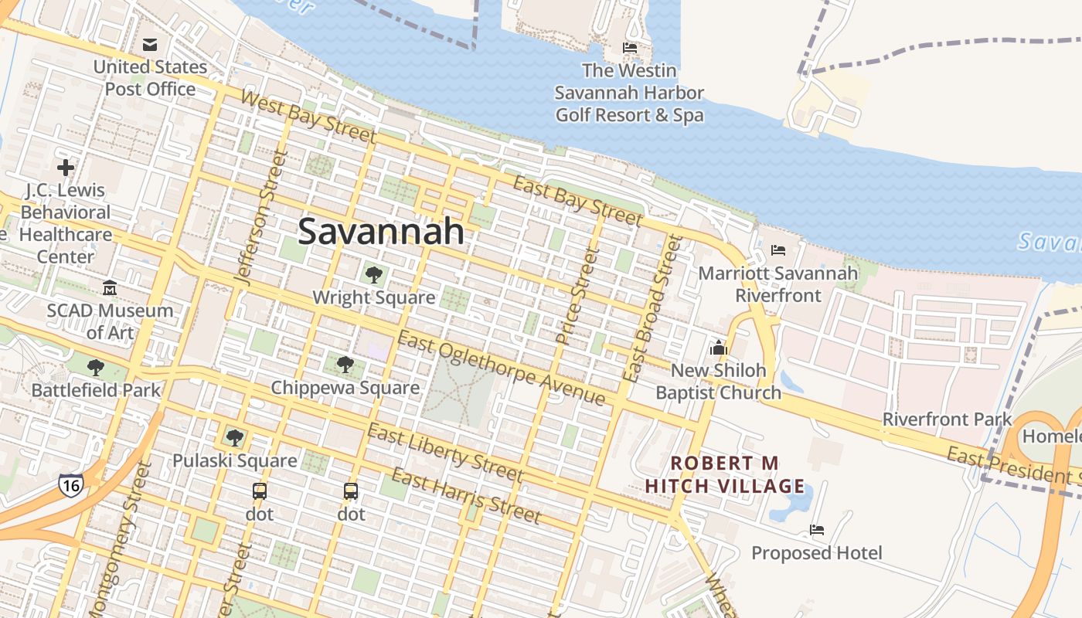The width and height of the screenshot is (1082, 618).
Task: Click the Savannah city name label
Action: [x=381, y=231]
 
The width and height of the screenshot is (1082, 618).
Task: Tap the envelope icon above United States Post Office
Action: [x=150, y=45]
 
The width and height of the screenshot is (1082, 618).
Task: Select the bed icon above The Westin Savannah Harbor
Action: [x=630, y=48]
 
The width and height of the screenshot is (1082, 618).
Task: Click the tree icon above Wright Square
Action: [x=374, y=274]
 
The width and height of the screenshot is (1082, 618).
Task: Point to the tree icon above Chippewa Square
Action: [x=345, y=365]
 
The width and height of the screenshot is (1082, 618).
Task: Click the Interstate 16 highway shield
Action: [x=70, y=485]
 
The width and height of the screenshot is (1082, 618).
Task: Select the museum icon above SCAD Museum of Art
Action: [x=110, y=288]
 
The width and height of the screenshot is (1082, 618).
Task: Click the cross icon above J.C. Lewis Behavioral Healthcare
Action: [x=66, y=167]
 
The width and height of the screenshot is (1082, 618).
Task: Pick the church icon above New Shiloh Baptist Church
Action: [x=719, y=348]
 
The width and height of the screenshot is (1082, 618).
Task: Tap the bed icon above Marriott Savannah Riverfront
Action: [x=778, y=250]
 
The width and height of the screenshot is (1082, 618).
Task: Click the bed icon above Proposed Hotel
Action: [x=817, y=530]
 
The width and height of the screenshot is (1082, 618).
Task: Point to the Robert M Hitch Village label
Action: [x=725, y=474]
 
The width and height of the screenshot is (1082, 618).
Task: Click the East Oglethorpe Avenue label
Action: [x=501, y=368]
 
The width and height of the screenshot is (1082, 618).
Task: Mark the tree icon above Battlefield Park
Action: [x=96, y=368]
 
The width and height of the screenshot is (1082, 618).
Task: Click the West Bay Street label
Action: [x=308, y=117]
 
